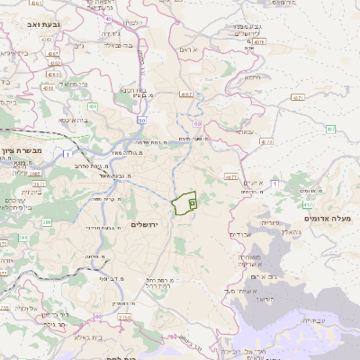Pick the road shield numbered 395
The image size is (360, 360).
coord(22,238)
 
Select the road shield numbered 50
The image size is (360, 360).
coord(141,121)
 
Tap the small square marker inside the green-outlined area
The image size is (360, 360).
coord(193,204)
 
